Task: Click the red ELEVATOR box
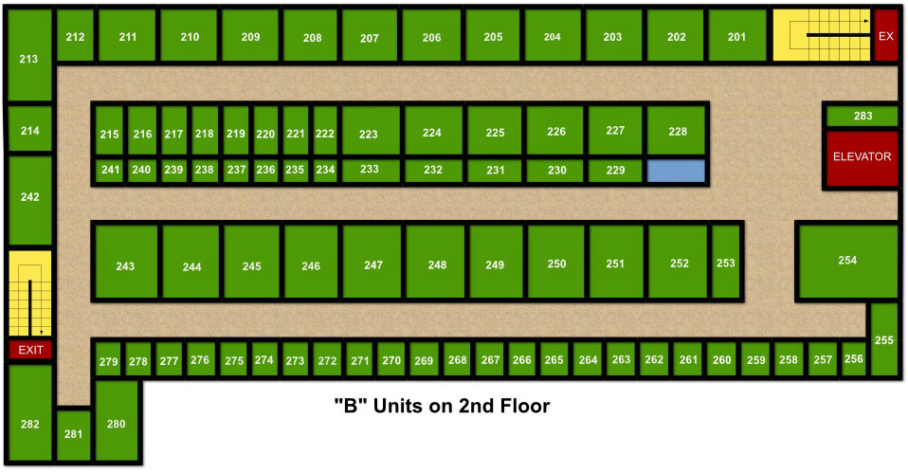tap(862, 157)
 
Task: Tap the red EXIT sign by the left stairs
tap(30, 350)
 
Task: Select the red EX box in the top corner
tap(885, 37)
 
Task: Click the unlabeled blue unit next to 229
tap(676, 171)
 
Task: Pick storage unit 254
tap(846, 261)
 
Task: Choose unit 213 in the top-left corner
tap(28, 59)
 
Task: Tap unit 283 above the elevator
tap(862, 117)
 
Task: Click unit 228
tap(677, 132)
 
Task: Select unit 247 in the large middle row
tap(372, 265)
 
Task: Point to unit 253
tap(725, 263)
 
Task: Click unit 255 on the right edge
tap(883, 339)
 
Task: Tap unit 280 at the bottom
tap(117, 424)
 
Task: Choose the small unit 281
tap(73, 435)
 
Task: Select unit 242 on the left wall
tap(29, 198)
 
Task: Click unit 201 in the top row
tap(736, 37)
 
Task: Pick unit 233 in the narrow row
tap(370, 170)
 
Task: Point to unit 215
tap(109, 135)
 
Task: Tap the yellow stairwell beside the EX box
tap(821, 36)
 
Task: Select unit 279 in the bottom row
tap(108, 361)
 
